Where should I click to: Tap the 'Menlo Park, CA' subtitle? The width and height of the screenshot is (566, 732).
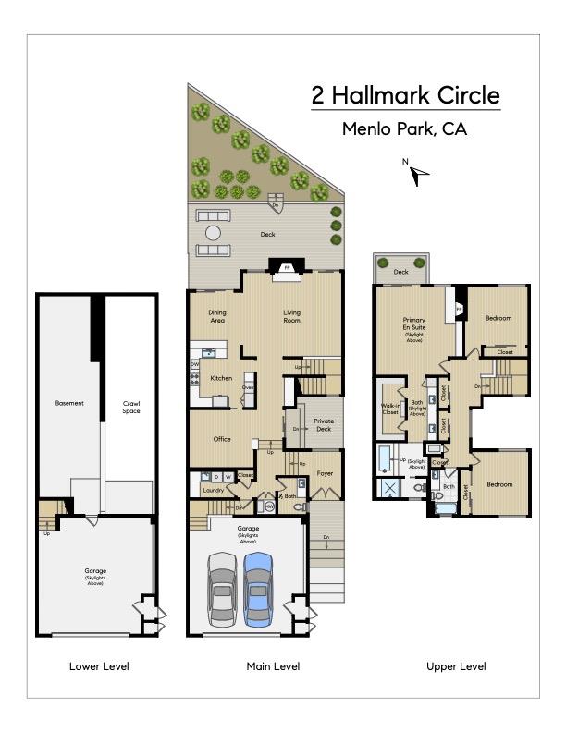[x=404, y=129]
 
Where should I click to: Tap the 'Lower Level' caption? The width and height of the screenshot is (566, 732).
[x=99, y=666]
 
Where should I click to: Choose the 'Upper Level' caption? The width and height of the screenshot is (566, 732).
[x=455, y=666]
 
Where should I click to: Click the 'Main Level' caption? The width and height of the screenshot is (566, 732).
[x=273, y=666]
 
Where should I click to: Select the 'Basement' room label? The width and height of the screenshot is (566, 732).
[x=69, y=403]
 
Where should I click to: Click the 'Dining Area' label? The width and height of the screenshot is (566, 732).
[x=217, y=316]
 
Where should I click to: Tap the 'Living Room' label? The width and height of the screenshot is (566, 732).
[x=292, y=316]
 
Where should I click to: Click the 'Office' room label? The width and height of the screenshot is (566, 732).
[x=222, y=439]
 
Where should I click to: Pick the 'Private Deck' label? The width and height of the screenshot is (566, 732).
[x=324, y=424]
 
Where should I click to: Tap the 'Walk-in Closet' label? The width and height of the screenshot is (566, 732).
[x=390, y=409]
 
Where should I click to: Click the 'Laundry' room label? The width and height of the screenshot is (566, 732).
[x=214, y=490]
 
